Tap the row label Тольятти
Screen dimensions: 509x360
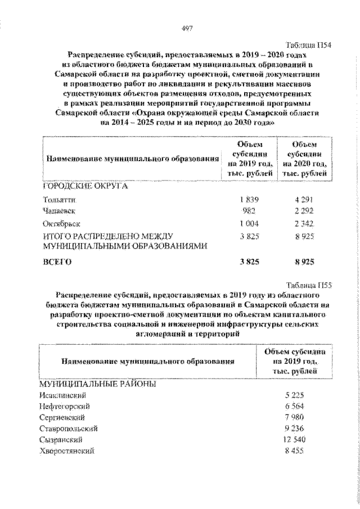[x=59, y=199]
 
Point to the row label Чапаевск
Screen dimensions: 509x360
[x=58, y=211]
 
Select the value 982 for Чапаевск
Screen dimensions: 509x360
[x=248, y=211]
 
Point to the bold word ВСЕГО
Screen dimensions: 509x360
[x=58, y=262]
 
